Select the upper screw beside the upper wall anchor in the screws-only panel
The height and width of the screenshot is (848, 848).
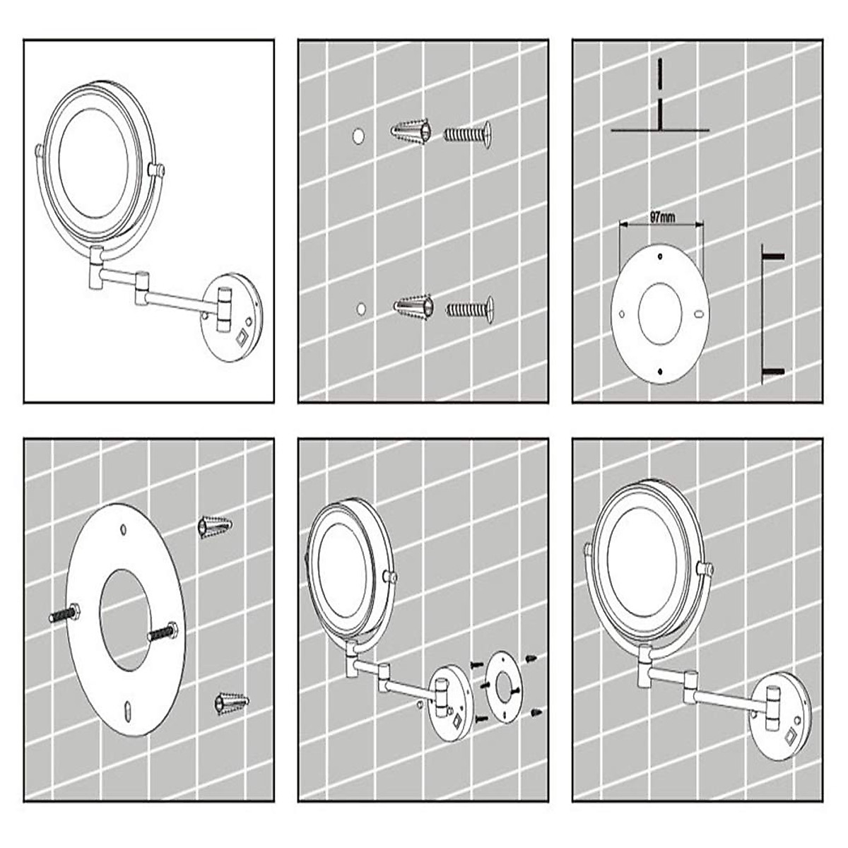click(467, 133)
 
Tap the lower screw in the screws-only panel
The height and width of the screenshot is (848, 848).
click(470, 309)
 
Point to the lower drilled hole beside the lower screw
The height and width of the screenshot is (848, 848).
click(362, 309)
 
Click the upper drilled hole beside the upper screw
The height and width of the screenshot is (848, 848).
click(359, 134)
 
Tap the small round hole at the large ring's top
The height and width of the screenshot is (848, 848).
click(124, 528)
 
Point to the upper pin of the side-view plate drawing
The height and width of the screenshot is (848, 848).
click(775, 255)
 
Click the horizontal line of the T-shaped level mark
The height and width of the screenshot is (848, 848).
click(659, 130)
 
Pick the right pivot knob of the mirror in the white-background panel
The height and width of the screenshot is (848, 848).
click(157, 170)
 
